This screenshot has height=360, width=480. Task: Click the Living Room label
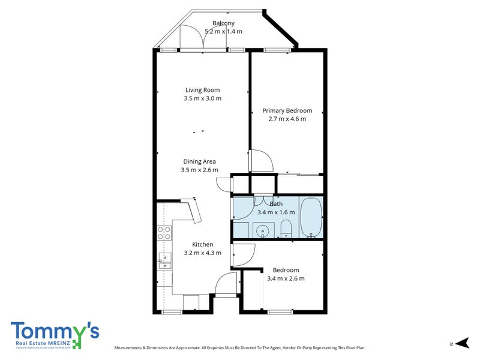(x=202, y=90)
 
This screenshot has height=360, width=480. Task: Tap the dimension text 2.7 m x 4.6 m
(x=287, y=119)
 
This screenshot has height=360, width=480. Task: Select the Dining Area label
(x=200, y=161)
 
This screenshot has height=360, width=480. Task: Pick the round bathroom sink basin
(x=262, y=230)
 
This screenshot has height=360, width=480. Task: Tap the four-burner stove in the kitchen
(x=163, y=233)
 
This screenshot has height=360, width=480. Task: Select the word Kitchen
(x=202, y=244)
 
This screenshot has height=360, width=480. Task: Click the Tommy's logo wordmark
(x=54, y=331)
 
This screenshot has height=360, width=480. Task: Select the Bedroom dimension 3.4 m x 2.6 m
(x=285, y=278)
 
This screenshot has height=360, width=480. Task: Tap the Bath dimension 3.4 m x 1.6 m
(x=276, y=212)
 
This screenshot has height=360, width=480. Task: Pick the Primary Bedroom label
(x=287, y=110)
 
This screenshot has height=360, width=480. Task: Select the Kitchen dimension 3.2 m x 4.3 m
(x=202, y=253)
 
